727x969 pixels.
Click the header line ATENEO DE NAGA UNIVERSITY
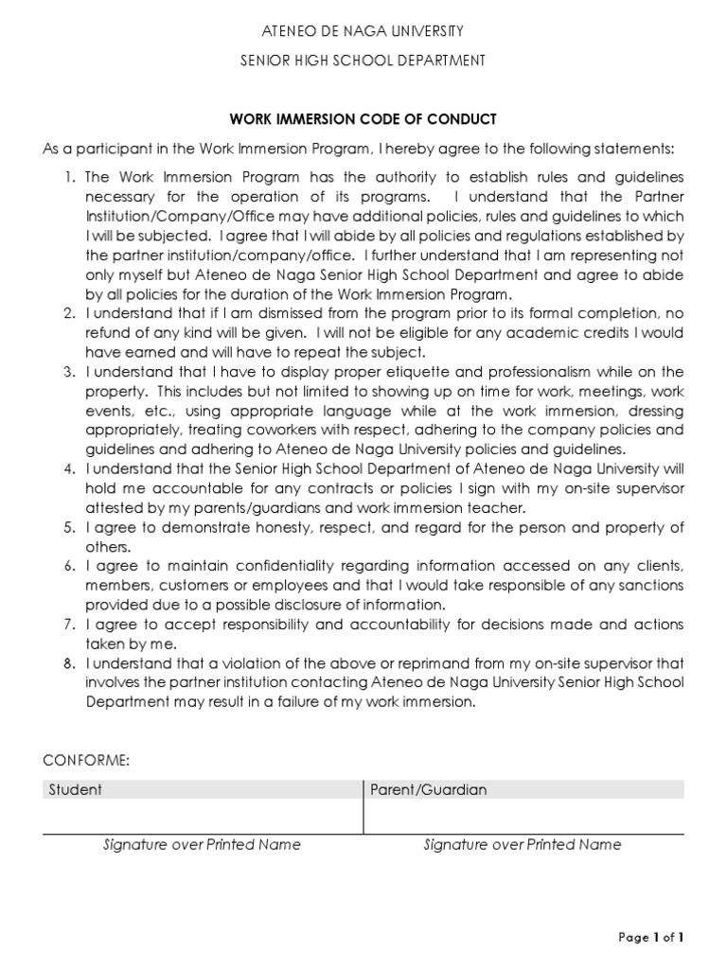coord(363,33)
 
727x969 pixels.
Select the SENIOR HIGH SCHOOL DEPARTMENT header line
coord(363,61)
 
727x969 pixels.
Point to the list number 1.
coord(69,178)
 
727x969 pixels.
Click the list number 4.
coord(69,469)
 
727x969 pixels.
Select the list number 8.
coord(69,664)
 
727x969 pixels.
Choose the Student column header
coord(76,789)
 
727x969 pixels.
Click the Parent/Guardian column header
coord(428,789)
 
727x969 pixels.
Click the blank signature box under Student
coord(202,816)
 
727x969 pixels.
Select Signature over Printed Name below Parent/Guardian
coord(523,844)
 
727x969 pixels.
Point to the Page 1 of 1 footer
coord(650,937)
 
